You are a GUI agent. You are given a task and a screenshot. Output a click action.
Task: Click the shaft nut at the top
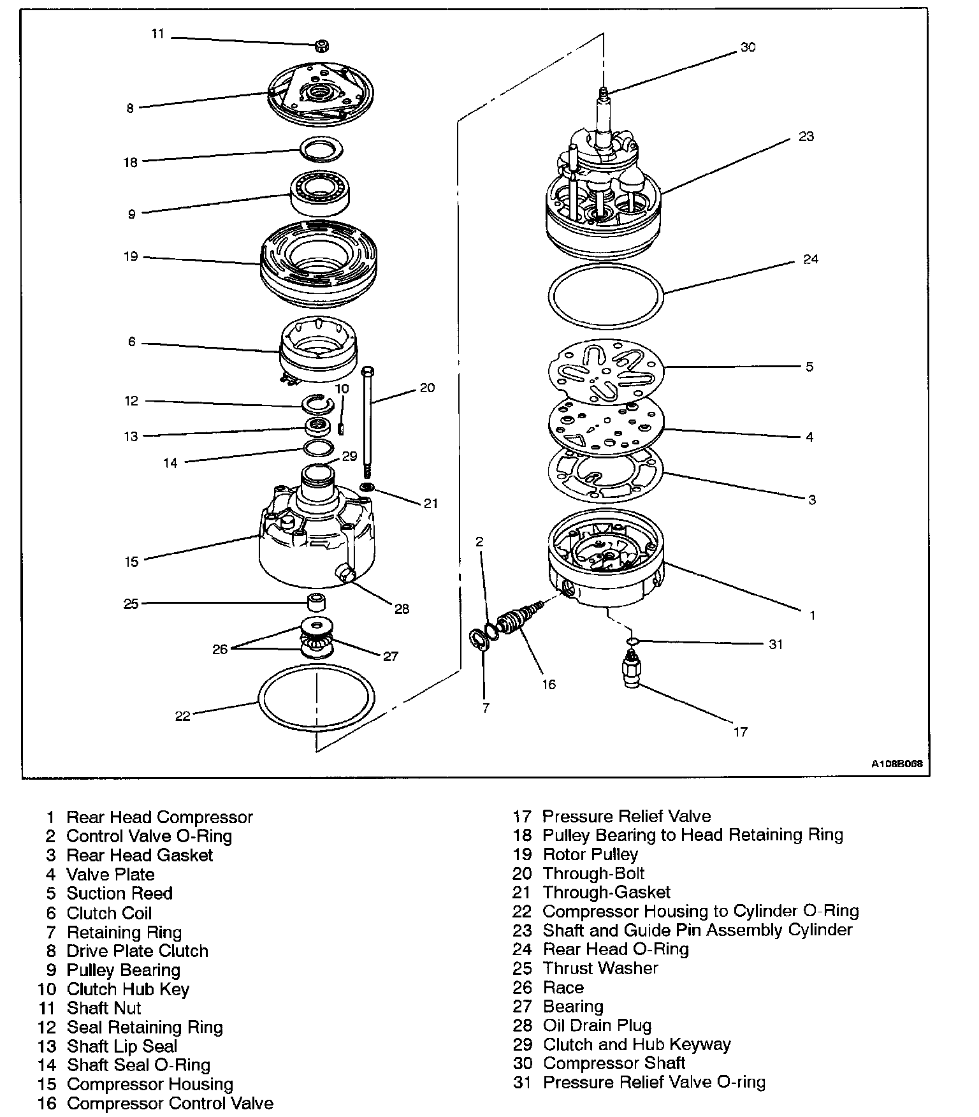(322, 45)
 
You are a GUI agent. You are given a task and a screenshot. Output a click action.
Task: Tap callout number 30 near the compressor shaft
(748, 47)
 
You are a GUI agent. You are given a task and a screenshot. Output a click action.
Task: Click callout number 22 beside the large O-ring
(183, 717)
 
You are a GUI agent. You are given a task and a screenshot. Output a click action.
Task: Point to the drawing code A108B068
(897, 763)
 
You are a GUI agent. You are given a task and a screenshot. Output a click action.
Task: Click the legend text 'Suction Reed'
(119, 893)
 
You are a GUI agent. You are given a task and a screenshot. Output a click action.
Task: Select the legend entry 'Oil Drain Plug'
(597, 1025)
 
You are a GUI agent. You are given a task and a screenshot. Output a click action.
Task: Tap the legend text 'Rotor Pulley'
(590, 854)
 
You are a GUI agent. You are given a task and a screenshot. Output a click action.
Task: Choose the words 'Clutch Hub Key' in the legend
(127, 989)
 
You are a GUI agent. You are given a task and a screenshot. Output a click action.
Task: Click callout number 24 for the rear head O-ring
(810, 259)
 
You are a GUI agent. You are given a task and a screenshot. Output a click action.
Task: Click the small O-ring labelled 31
(632, 641)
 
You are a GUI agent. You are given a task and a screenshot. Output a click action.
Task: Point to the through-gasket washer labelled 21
(367, 488)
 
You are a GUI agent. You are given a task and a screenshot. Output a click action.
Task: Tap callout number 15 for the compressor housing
(131, 562)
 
